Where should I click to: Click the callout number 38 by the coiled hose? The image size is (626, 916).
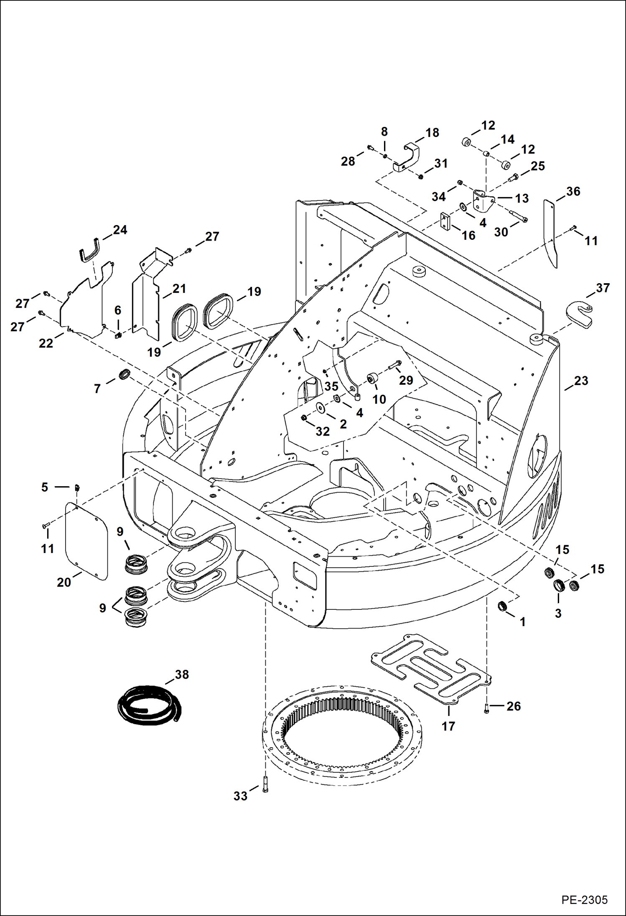[x=182, y=675]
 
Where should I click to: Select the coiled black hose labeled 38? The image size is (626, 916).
[x=149, y=706]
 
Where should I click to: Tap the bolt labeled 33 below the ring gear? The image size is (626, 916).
[x=265, y=784]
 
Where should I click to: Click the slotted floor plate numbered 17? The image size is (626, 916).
[x=430, y=668]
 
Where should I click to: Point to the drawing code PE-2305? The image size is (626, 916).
[x=584, y=899]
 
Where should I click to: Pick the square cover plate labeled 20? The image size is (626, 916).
[x=87, y=541]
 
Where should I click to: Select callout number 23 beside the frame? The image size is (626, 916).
[x=581, y=381]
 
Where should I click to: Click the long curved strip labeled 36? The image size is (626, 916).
[x=550, y=234]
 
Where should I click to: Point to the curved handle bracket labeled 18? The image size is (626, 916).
[x=409, y=158]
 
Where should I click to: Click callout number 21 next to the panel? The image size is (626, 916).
[x=179, y=289]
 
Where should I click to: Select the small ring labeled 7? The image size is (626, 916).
[x=125, y=374]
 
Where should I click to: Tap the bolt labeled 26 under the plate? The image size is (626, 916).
[x=486, y=708]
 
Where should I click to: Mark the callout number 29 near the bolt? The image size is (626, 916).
[x=406, y=380]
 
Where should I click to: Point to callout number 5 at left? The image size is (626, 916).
[x=45, y=487]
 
